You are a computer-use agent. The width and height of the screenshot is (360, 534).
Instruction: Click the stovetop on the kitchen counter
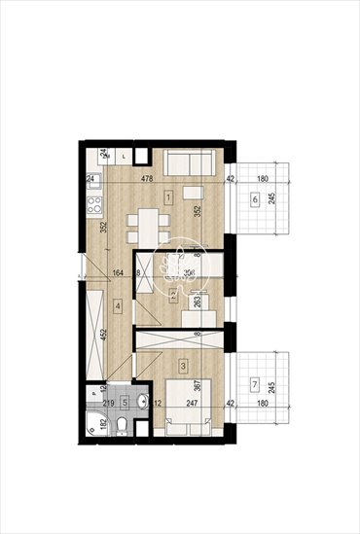[x=95, y=205]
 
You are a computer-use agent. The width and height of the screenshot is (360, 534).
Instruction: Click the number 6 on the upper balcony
[x=255, y=199]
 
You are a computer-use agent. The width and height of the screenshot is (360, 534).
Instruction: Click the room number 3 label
[x=183, y=366]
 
